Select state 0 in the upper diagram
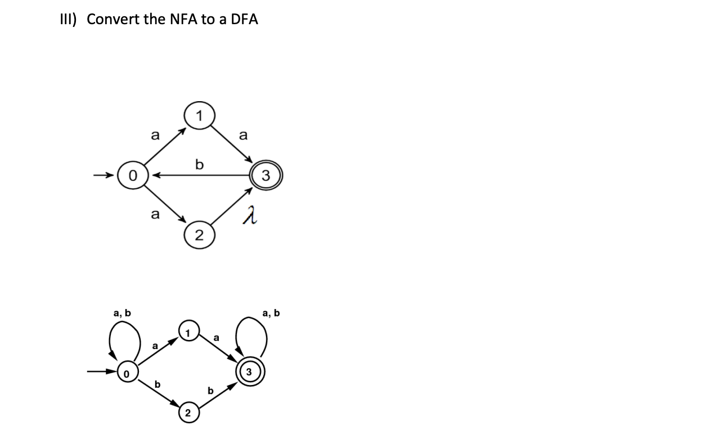[133, 175]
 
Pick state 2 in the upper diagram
[199, 234]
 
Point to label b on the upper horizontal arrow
[198, 165]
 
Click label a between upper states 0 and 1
[156, 135]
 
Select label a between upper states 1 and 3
[243, 135]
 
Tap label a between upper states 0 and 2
[156, 214]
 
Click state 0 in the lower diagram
[127, 373]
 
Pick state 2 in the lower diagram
[188, 413]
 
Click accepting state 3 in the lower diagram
[249, 372]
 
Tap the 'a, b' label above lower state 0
[122, 312]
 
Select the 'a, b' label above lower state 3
[271, 312]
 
